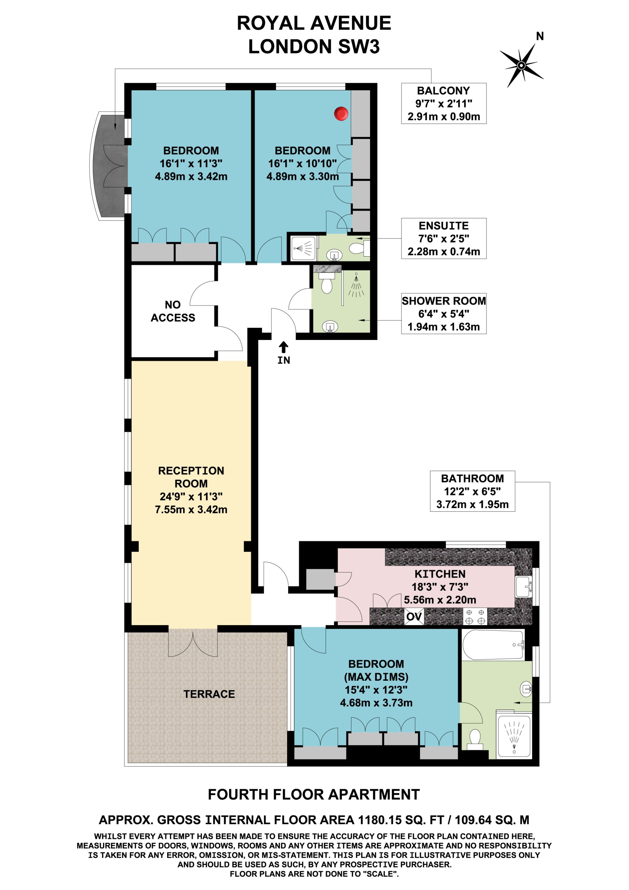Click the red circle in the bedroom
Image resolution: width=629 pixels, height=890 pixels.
pyautogui.click(x=341, y=114)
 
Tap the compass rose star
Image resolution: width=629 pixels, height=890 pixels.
pyautogui.click(x=521, y=65)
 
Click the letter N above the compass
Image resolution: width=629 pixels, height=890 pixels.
pyautogui.click(x=540, y=36)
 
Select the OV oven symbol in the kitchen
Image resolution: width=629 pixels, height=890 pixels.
pyautogui.click(x=414, y=616)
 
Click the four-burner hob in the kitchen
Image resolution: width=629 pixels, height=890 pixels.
pyautogui.click(x=475, y=616)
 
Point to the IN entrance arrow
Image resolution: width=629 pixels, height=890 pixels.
pyautogui.click(x=284, y=347)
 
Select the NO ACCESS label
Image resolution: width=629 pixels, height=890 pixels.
pyautogui.click(x=173, y=311)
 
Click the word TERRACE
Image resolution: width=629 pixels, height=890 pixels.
pyautogui.click(x=209, y=694)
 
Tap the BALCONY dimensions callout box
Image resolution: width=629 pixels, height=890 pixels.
pyautogui.click(x=444, y=104)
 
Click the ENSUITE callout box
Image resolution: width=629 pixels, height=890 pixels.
pyautogui.click(x=444, y=238)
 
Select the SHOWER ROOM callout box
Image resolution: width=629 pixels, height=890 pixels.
pyautogui.click(x=444, y=314)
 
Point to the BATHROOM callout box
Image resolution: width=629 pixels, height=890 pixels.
pyautogui.click(x=472, y=491)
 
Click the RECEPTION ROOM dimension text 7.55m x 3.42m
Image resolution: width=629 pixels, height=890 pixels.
pyautogui.click(x=191, y=509)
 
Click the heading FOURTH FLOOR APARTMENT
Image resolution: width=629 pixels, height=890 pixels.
pyautogui.click(x=314, y=795)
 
